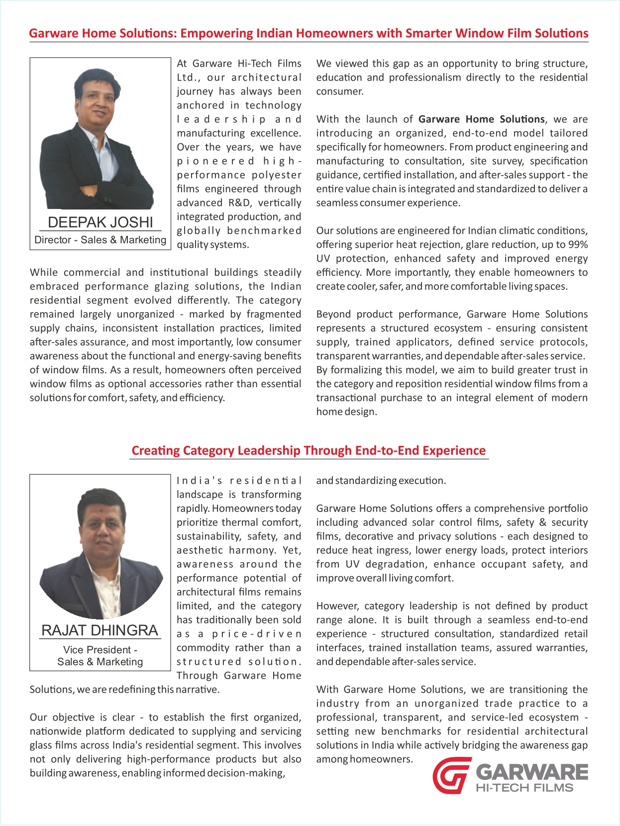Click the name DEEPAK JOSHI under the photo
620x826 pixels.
click(100, 222)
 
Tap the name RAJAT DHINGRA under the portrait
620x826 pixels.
click(100, 630)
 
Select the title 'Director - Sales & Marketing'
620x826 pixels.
click(100, 240)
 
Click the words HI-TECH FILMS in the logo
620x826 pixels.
click(524, 788)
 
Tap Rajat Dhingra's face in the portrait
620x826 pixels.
click(102, 528)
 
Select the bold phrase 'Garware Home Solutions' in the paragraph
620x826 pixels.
click(481, 119)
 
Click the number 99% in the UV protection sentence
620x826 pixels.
click(578, 245)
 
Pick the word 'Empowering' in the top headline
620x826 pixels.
click(216, 33)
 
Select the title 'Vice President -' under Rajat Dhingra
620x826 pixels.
click(100, 650)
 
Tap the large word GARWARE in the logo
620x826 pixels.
click(531, 772)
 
